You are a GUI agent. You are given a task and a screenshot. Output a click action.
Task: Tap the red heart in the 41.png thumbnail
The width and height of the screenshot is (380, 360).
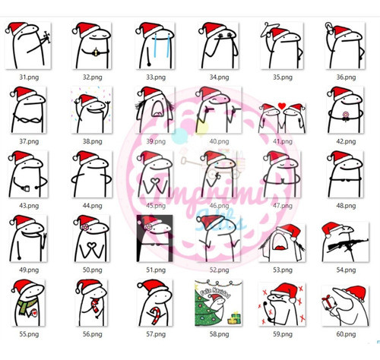click(x=282, y=105)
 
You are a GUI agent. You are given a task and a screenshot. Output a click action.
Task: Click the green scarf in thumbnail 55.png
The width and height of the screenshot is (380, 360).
click(x=27, y=308)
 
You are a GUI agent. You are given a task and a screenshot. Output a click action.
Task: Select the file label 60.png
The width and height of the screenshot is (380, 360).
click(x=345, y=333)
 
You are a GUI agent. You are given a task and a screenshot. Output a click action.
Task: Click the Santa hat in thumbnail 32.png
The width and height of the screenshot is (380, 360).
click(x=87, y=30)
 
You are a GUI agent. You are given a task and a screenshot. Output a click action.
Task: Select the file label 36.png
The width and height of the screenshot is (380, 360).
click(x=345, y=77)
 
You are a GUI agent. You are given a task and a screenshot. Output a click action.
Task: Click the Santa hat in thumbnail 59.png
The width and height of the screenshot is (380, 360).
click(x=285, y=292)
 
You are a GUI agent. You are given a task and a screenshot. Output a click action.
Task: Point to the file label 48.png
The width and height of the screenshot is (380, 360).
click(x=345, y=205)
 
